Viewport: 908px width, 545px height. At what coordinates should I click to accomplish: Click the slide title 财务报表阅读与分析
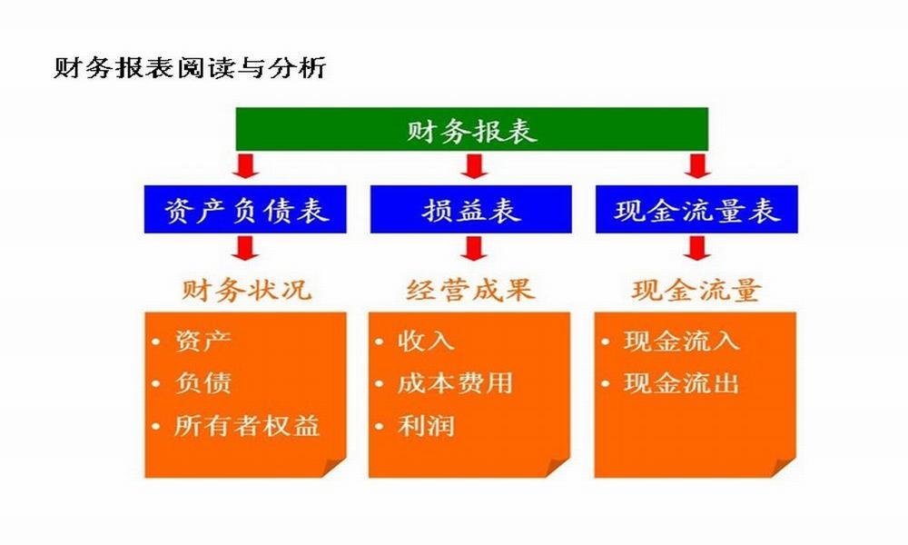click(x=190, y=68)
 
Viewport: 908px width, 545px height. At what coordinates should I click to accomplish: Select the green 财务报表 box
click(x=472, y=129)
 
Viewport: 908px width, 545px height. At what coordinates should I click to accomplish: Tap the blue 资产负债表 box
click(x=245, y=210)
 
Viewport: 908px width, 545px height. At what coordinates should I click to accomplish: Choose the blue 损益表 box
click(x=470, y=210)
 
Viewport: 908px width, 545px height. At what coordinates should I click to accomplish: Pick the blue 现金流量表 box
click(x=696, y=210)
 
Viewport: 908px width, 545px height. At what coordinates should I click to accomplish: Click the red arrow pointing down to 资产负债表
click(x=245, y=165)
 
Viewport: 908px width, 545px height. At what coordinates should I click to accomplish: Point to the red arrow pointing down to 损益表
click(x=474, y=165)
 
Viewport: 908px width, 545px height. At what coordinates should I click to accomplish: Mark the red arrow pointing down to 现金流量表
click(x=697, y=165)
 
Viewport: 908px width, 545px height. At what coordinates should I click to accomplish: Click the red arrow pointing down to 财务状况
click(x=245, y=249)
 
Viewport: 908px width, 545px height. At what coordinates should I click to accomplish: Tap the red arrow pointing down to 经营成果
click(x=474, y=249)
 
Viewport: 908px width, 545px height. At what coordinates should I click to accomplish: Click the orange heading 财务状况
click(x=247, y=290)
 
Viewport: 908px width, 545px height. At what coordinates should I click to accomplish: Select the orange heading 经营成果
click(x=470, y=290)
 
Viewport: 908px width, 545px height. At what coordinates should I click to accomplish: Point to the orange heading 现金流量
click(x=696, y=290)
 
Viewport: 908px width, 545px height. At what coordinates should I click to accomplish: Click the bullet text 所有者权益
click(x=247, y=426)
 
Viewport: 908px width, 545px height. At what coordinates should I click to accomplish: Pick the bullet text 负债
click(x=203, y=382)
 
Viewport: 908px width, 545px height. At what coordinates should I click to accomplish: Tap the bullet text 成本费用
click(x=455, y=382)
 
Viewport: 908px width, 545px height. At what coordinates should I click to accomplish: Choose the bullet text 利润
click(x=426, y=426)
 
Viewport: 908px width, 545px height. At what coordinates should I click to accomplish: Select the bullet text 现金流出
click(x=682, y=382)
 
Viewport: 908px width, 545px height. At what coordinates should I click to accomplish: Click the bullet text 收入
click(x=426, y=341)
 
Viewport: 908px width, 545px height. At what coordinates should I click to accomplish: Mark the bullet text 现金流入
click(x=682, y=341)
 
